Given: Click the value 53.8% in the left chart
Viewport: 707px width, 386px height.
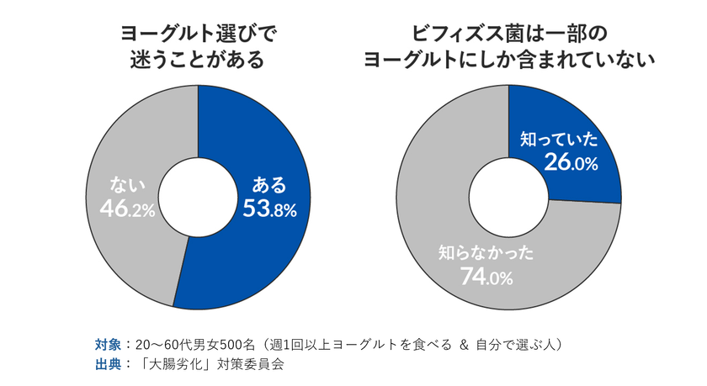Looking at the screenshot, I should pyautogui.click(x=269, y=209).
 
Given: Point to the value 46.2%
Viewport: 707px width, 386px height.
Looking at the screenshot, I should pyautogui.click(x=127, y=209).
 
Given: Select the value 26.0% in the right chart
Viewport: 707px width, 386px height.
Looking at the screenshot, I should pyautogui.click(x=570, y=163).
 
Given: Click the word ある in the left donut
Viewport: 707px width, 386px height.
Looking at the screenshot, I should pyautogui.click(x=269, y=185).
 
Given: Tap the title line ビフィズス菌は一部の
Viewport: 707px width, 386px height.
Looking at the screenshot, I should pyautogui.click(x=508, y=34).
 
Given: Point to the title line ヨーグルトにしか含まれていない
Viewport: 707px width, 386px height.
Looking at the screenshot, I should pyautogui.click(x=508, y=61).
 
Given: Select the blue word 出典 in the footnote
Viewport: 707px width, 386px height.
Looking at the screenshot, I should pyautogui.click(x=108, y=365).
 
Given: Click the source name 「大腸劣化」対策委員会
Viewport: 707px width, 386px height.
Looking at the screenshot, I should pyautogui.click(x=211, y=365).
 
